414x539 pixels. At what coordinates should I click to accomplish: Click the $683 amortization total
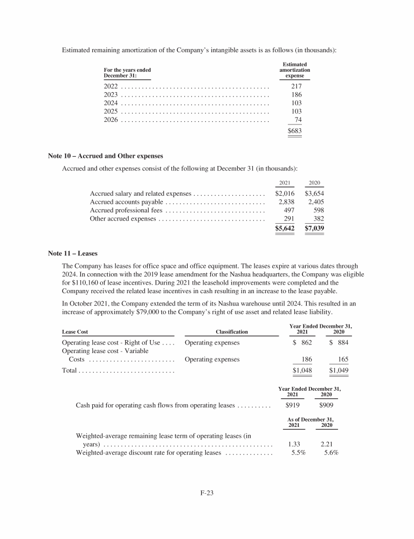(x=294, y=131)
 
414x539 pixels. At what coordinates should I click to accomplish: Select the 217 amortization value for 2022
(x=296, y=87)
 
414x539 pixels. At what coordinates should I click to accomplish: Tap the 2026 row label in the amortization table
(x=111, y=119)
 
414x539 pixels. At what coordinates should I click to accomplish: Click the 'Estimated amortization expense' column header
(x=294, y=71)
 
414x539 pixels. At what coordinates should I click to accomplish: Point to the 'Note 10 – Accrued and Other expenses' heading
(x=106, y=156)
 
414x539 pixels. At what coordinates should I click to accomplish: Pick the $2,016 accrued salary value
(x=285, y=194)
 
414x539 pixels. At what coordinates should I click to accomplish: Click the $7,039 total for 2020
(x=314, y=229)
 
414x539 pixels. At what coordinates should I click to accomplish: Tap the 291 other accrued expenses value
(x=289, y=219)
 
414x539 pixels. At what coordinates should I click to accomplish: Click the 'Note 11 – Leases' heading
(x=73, y=252)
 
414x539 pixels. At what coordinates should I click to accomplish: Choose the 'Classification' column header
(x=232, y=332)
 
